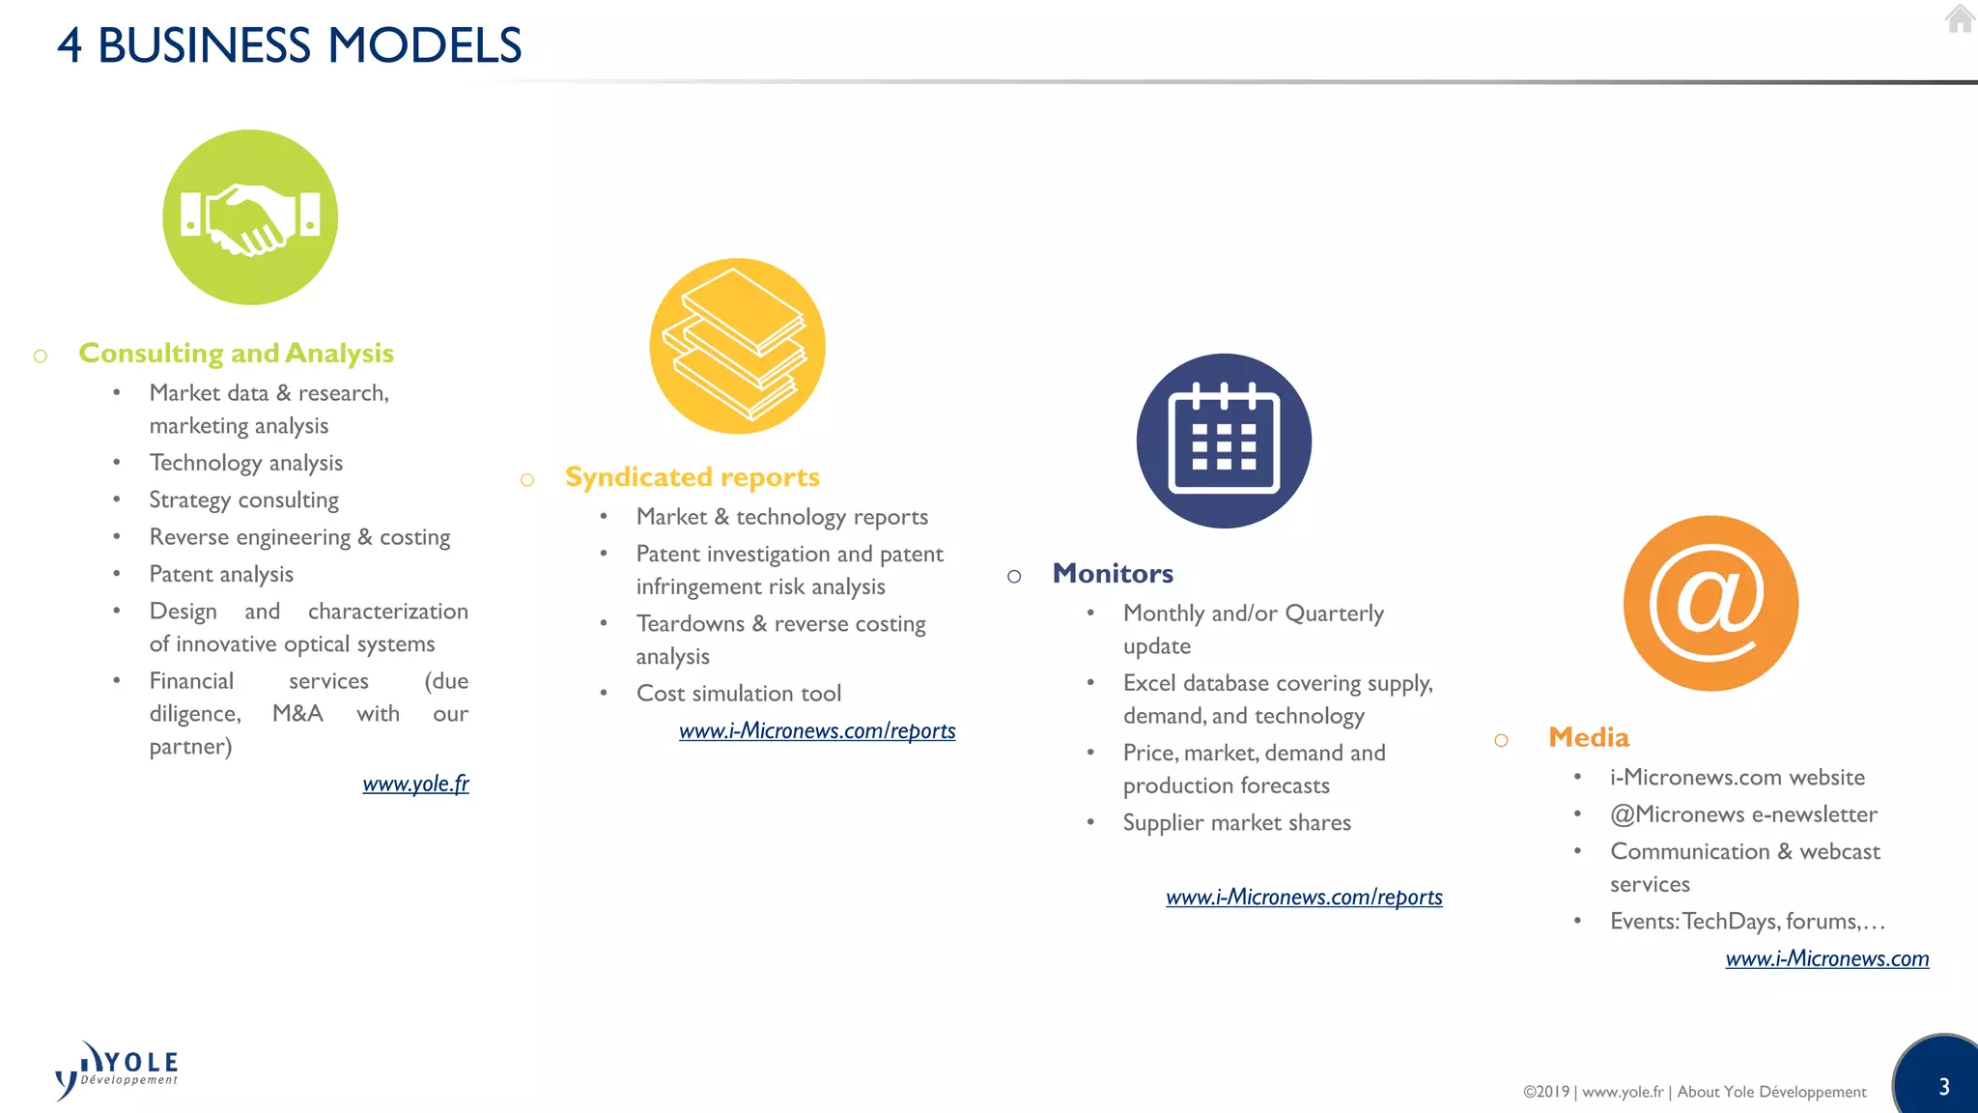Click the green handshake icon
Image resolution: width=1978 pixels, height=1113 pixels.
(250, 217)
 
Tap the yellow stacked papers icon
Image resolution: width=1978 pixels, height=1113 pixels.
(737, 345)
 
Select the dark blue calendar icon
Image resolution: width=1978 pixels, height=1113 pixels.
(1224, 441)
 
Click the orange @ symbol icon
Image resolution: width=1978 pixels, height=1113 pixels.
(1710, 603)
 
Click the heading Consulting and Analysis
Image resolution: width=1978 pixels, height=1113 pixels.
(236, 354)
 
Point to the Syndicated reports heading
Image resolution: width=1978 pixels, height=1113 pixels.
(692, 477)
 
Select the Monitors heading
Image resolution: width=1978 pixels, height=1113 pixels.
(1113, 574)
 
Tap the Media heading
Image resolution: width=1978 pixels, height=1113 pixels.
(1588, 738)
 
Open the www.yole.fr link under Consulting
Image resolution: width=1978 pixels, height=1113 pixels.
(415, 784)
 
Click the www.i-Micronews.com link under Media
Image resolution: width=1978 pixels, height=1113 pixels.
(1826, 958)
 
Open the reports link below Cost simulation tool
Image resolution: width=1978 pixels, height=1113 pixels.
(817, 731)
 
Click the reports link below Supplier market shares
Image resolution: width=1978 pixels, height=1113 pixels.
(1304, 898)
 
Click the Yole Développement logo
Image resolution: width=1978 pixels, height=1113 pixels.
(117, 1070)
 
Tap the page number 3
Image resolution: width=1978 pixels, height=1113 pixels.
(1943, 1087)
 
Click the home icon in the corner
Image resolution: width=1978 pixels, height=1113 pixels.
(1959, 18)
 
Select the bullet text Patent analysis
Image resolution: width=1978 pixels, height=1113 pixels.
(221, 574)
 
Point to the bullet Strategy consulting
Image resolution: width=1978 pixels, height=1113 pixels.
(243, 500)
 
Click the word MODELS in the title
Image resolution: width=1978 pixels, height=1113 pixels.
(424, 45)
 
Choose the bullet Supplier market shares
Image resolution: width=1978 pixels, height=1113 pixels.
(1236, 823)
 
